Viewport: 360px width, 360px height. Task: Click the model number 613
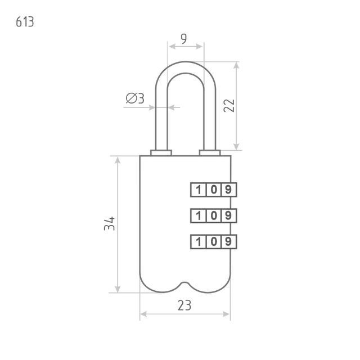pyautogui.click(x=25, y=22)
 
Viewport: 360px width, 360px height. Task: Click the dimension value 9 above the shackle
pyautogui.click(x=184, y=38)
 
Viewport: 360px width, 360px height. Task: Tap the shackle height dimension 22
pyautogui.click(x=229, y=106)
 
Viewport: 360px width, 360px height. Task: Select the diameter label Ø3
pyautogui.click(x=135, y=98)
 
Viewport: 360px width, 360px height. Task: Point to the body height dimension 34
pyautogui.click(x=109, y=223)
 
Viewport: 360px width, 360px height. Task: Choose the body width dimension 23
pyautogui.click(x=184, y=305)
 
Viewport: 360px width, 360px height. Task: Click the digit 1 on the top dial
pyautogui.click(x=199, y=190)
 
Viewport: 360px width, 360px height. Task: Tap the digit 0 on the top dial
pyautogui.click(x=214, y=190)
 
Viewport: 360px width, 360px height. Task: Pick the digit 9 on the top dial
pyautogui.click(x=228, y=190)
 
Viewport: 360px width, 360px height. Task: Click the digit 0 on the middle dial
pyautogui.click(x=214, y=215)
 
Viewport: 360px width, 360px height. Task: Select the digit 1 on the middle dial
pyautogui.click(x=199, y=216)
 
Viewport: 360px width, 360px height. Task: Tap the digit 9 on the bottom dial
pyautogui.click(x=228, y=241)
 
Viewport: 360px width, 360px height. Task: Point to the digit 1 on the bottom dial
pyautogui.click(x=199, y=242)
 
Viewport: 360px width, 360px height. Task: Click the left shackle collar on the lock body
pyautogui.click(x=161, y=153)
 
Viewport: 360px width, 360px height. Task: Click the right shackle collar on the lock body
pyautogui.click(x=210, y=153)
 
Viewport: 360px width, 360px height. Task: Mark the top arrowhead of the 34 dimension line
pyautogui.click(x=118, y=160)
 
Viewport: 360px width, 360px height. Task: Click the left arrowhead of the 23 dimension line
pyautogui.click(x=143, y=314)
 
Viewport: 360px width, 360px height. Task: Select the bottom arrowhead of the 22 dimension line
pyautogui.click(x=236, y=146)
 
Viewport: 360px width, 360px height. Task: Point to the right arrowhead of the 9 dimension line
pyautogui.click(x=199, y=47)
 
